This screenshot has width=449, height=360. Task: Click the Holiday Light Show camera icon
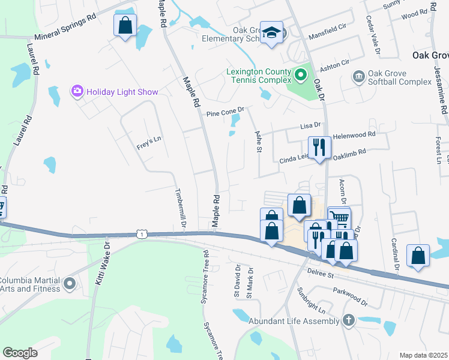(77, 92)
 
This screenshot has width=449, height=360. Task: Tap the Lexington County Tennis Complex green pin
(301, 75)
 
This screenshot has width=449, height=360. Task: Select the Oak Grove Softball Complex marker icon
(359, 76)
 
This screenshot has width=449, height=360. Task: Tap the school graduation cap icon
(271, 32)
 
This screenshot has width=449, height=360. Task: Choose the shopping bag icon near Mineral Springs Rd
(125, 26)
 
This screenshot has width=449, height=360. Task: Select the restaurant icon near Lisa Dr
(318, 147)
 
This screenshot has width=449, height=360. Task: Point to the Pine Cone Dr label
(226, 112)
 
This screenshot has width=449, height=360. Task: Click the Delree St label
(321, 274)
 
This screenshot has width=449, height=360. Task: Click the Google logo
(20, 353)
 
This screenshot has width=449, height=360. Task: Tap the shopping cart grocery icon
(339, 217)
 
